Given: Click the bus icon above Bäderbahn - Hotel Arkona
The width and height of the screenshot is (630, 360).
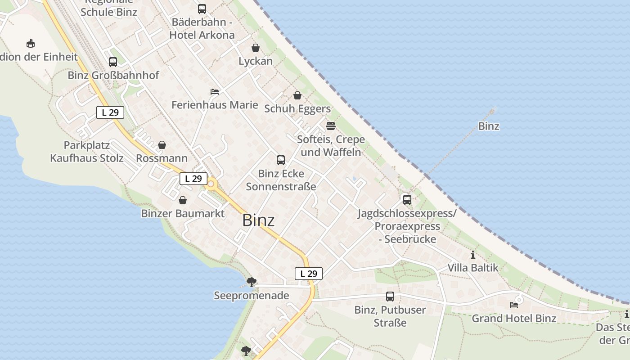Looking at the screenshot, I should pos(202,9).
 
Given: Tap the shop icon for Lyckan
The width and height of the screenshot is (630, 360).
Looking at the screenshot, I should pos(256,48).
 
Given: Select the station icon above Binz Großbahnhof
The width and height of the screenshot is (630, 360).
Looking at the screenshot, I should pos(113,62).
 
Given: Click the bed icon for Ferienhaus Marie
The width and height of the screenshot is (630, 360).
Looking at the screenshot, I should pos(215,92).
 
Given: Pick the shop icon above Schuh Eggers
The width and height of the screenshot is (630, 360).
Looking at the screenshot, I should pos(297,95).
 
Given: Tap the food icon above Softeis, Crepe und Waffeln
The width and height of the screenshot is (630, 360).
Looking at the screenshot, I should pos(331,126).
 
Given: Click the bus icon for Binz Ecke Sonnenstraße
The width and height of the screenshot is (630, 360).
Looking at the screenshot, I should pos(281,160).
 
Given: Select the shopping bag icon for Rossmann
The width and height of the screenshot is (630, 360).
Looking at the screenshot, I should pos(162,145).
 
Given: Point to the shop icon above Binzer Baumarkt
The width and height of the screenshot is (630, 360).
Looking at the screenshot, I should pos(183,200).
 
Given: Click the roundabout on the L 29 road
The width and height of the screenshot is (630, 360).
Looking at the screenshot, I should pos(211,184).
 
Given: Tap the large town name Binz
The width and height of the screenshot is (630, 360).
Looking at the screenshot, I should pos(258,220).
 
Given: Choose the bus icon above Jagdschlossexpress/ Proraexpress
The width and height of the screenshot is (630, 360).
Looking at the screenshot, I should pos(407,199).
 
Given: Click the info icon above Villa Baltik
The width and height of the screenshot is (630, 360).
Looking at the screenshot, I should pos(473,255).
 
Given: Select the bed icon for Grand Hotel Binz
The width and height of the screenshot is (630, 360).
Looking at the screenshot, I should pos(514,305).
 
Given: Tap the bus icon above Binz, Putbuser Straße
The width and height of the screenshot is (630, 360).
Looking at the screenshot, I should pos(390,297).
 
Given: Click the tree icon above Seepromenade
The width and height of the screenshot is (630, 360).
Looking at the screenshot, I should pos(252,282).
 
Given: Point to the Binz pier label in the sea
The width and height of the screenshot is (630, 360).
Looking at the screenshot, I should pos(489,126).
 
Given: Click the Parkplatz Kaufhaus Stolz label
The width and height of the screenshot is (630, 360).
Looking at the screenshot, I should pos(87,152).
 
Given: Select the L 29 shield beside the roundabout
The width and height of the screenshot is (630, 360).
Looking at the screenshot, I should pos(193,179).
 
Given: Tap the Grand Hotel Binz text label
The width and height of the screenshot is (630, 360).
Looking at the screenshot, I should pos(514,318).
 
